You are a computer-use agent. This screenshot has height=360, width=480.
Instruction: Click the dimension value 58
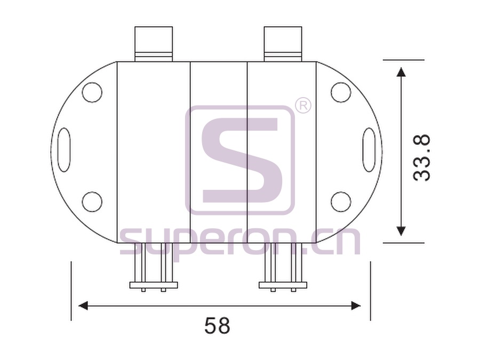click(x=217, y=325)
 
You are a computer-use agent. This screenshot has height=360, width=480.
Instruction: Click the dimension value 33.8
click(x=421, y=158)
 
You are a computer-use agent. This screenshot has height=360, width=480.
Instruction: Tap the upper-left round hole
click(x=92, y=92)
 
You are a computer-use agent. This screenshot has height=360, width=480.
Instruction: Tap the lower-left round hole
click(x=92, y=202)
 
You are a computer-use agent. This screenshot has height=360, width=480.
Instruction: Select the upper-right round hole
click(x=341, y=92)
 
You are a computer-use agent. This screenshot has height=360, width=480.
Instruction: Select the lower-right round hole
click(x=341, y=202)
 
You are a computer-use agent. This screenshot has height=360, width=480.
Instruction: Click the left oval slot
click(x=64, y=150)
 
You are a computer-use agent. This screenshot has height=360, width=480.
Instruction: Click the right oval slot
click(x=369, y=150)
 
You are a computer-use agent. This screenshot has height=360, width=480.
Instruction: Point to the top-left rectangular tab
click(x=154, y=44)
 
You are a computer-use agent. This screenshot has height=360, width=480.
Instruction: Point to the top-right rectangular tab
click(x=283, y=44)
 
